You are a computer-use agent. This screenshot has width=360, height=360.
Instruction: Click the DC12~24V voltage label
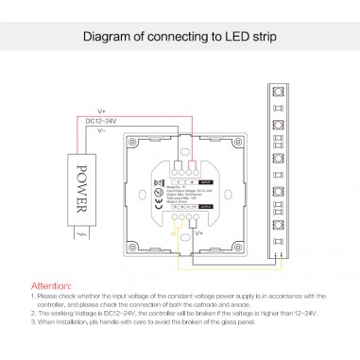[x=98, y=122]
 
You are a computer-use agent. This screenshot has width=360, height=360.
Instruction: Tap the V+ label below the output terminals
[x=199, y=230]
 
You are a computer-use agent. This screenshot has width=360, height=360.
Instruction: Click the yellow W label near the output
[x=173, y=230]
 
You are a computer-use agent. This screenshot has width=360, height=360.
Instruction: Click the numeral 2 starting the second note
[x=34, y=315]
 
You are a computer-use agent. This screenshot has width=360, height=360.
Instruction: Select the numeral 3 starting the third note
[x=34, y=324]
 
